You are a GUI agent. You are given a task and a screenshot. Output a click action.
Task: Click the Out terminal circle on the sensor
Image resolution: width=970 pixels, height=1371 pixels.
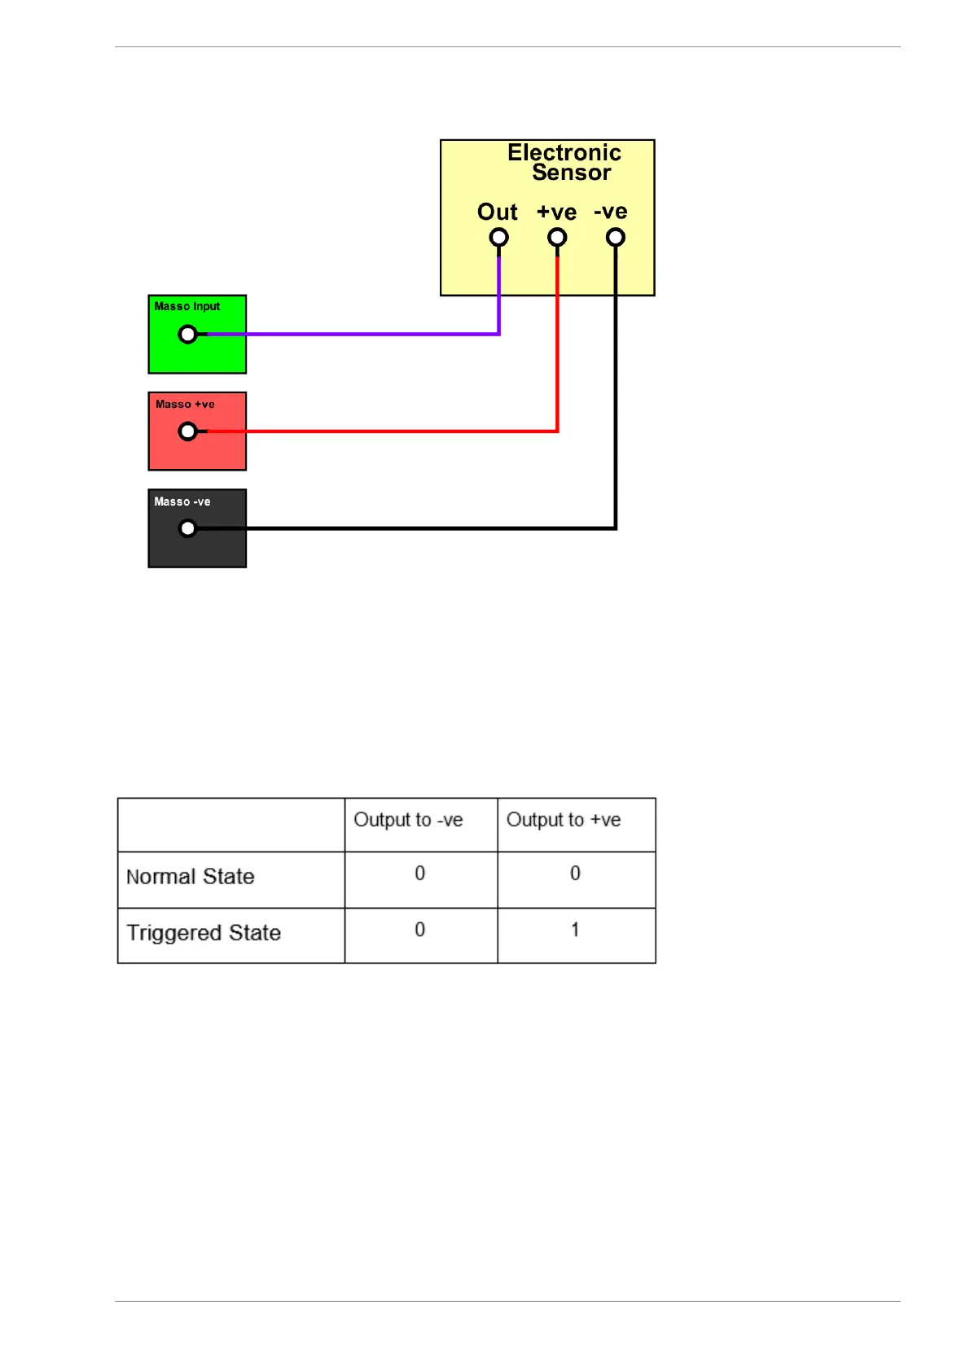point(498,238)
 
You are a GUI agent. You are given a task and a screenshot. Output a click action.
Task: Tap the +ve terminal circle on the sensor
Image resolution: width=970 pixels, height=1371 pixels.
point(557,238)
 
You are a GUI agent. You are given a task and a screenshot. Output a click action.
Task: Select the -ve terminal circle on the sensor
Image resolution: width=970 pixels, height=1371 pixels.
point(616,238)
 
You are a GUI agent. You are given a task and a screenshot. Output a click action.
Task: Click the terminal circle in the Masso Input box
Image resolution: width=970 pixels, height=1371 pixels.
point(187,334)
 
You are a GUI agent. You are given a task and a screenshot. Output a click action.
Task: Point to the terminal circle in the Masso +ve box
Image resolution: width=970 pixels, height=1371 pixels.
point(187,431)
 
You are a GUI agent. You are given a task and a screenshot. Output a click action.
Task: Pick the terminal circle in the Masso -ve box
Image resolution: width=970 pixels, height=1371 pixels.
point(187,528)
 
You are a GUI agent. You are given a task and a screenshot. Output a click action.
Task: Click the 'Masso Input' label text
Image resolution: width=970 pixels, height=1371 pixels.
point(187,306)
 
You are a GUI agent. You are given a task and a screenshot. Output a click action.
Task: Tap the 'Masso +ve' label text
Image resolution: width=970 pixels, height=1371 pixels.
point(185,404)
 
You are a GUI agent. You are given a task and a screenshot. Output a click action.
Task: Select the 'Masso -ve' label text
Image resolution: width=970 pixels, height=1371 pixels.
point(182,502)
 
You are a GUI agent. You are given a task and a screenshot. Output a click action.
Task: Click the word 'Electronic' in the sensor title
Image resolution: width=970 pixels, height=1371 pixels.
point(564,152)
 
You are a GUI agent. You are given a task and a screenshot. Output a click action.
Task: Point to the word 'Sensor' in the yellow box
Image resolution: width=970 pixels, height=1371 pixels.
point(571,173)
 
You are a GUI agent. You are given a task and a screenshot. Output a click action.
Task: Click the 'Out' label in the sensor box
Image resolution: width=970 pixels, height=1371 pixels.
point(497,212)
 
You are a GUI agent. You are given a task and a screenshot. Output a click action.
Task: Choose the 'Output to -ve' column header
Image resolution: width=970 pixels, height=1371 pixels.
point(408,820)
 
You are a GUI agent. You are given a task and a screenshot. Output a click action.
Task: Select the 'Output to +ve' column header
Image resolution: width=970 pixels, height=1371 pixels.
point(564,820)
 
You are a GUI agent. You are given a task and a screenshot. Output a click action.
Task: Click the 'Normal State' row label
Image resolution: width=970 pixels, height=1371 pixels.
point(191,877)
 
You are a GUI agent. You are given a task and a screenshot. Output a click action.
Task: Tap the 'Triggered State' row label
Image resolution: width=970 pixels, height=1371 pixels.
point(204,933)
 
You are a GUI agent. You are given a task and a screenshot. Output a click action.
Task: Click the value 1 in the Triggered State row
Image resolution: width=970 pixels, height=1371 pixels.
point(575,930)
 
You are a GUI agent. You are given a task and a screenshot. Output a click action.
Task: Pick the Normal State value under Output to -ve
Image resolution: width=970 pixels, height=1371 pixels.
point(420,874)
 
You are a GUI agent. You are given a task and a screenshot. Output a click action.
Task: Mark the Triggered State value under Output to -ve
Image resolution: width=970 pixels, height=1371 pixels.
point(420,930)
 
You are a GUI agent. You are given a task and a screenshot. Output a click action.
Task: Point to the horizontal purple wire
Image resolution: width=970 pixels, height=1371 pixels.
point(350,334)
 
